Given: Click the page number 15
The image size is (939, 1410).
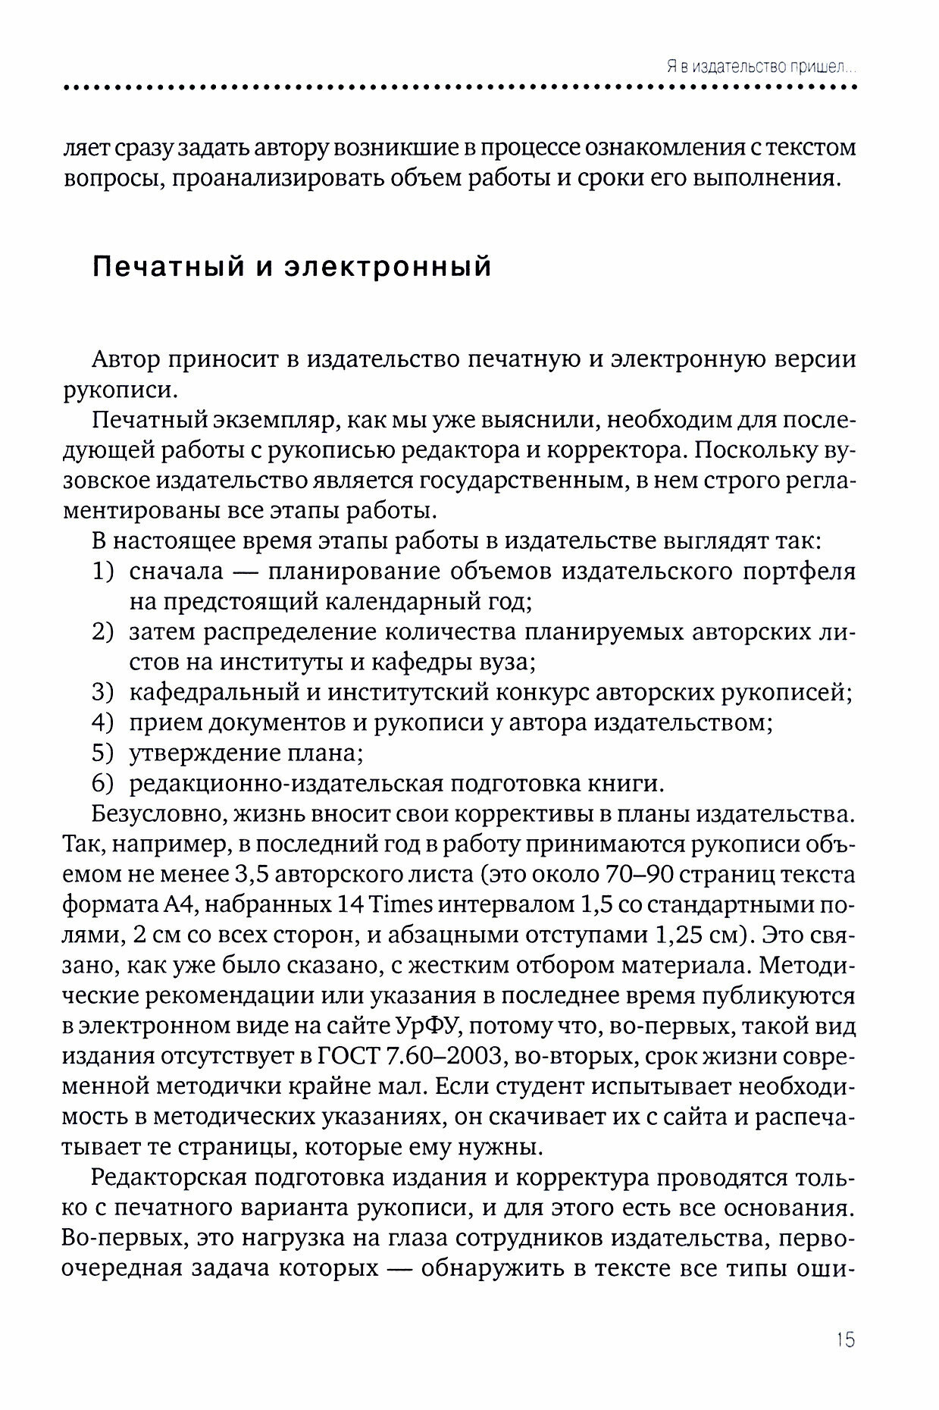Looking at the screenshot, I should (x=845, y=1339).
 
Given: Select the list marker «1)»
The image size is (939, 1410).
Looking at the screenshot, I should (x=102, y=572).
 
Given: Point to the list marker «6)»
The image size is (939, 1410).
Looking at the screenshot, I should (x=102, y=783).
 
